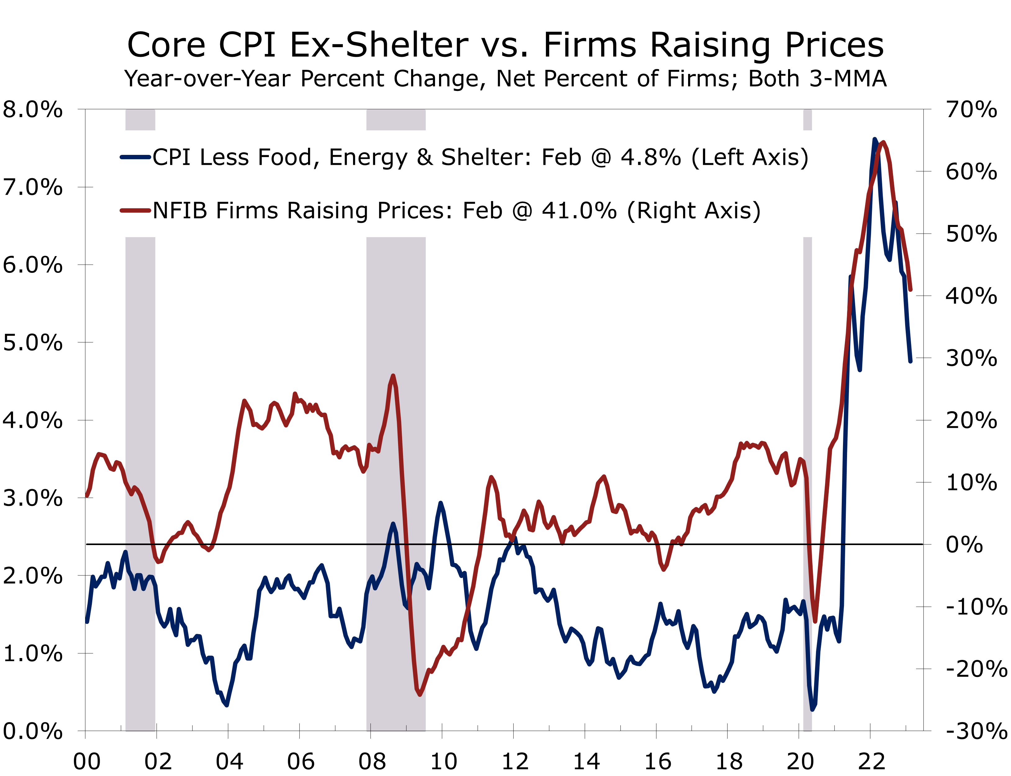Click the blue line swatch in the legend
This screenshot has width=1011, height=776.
[x=135, y=157]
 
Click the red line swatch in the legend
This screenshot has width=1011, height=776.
[x=135, y=211]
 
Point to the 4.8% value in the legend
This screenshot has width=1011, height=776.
[x=651, y=157]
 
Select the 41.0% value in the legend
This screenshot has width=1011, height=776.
[x=579, y=211]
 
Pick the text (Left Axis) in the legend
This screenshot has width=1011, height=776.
[x=750, y=157]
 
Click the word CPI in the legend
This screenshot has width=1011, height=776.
[x=171, y=157]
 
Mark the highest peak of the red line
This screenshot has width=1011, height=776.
[x=882, y=142]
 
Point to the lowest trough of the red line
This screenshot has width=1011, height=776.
[x=419, y=694]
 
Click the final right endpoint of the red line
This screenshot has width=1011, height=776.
[x=910, y=290]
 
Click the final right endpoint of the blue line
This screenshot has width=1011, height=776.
[x=910, y=361]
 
